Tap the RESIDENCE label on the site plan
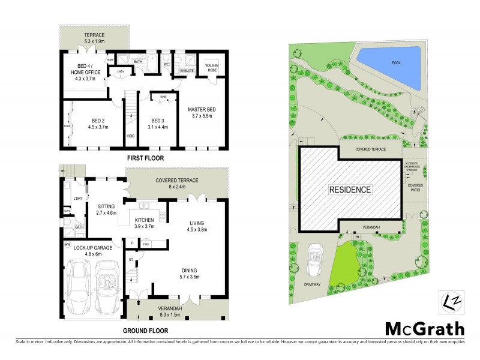[x=350, y=189]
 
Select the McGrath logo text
[x=424, y=328]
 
